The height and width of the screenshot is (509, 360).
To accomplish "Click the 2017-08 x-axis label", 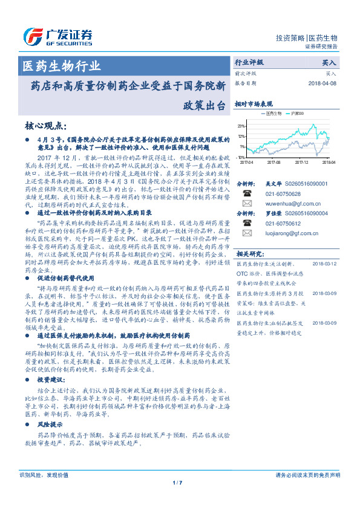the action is coord(273,163).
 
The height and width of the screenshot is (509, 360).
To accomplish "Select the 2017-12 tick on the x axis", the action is coord(301,163).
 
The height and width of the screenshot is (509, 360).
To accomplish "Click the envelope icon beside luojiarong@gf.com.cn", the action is coord(246,233).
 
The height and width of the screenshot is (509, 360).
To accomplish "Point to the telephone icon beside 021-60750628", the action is coord(246,193).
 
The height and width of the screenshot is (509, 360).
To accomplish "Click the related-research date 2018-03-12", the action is coord(326,264).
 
